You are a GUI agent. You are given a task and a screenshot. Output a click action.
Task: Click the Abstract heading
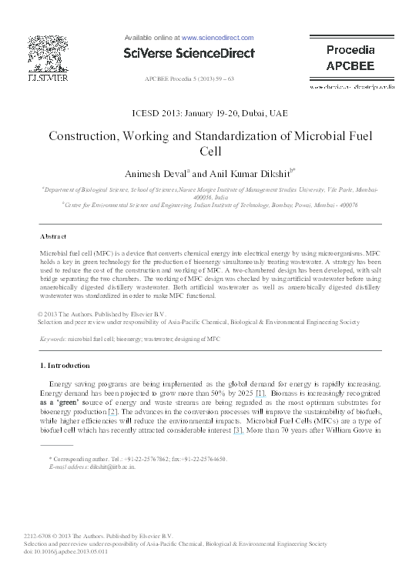pos(53,236)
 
